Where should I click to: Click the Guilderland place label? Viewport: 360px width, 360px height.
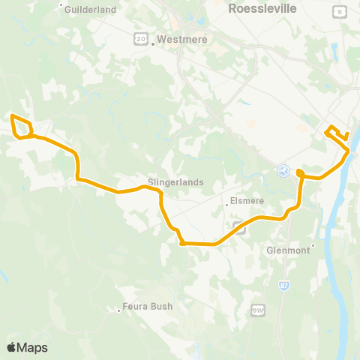click(x=90, y=10)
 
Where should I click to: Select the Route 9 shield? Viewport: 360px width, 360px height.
click(x=340, y=11)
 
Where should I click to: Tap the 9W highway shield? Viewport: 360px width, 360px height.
click(x=259, y=308)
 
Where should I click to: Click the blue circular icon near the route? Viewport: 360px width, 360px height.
click(x=283, y=172)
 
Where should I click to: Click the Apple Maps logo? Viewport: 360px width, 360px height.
click(x=27, y=347)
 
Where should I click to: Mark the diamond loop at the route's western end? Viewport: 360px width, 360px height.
click(x=20, y=127)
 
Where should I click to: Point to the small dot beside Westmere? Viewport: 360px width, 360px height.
click(x=153, y=43)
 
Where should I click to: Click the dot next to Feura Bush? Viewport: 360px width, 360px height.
click(x=121, y=307)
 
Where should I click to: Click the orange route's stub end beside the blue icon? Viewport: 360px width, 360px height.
click(x=299, y=172)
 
